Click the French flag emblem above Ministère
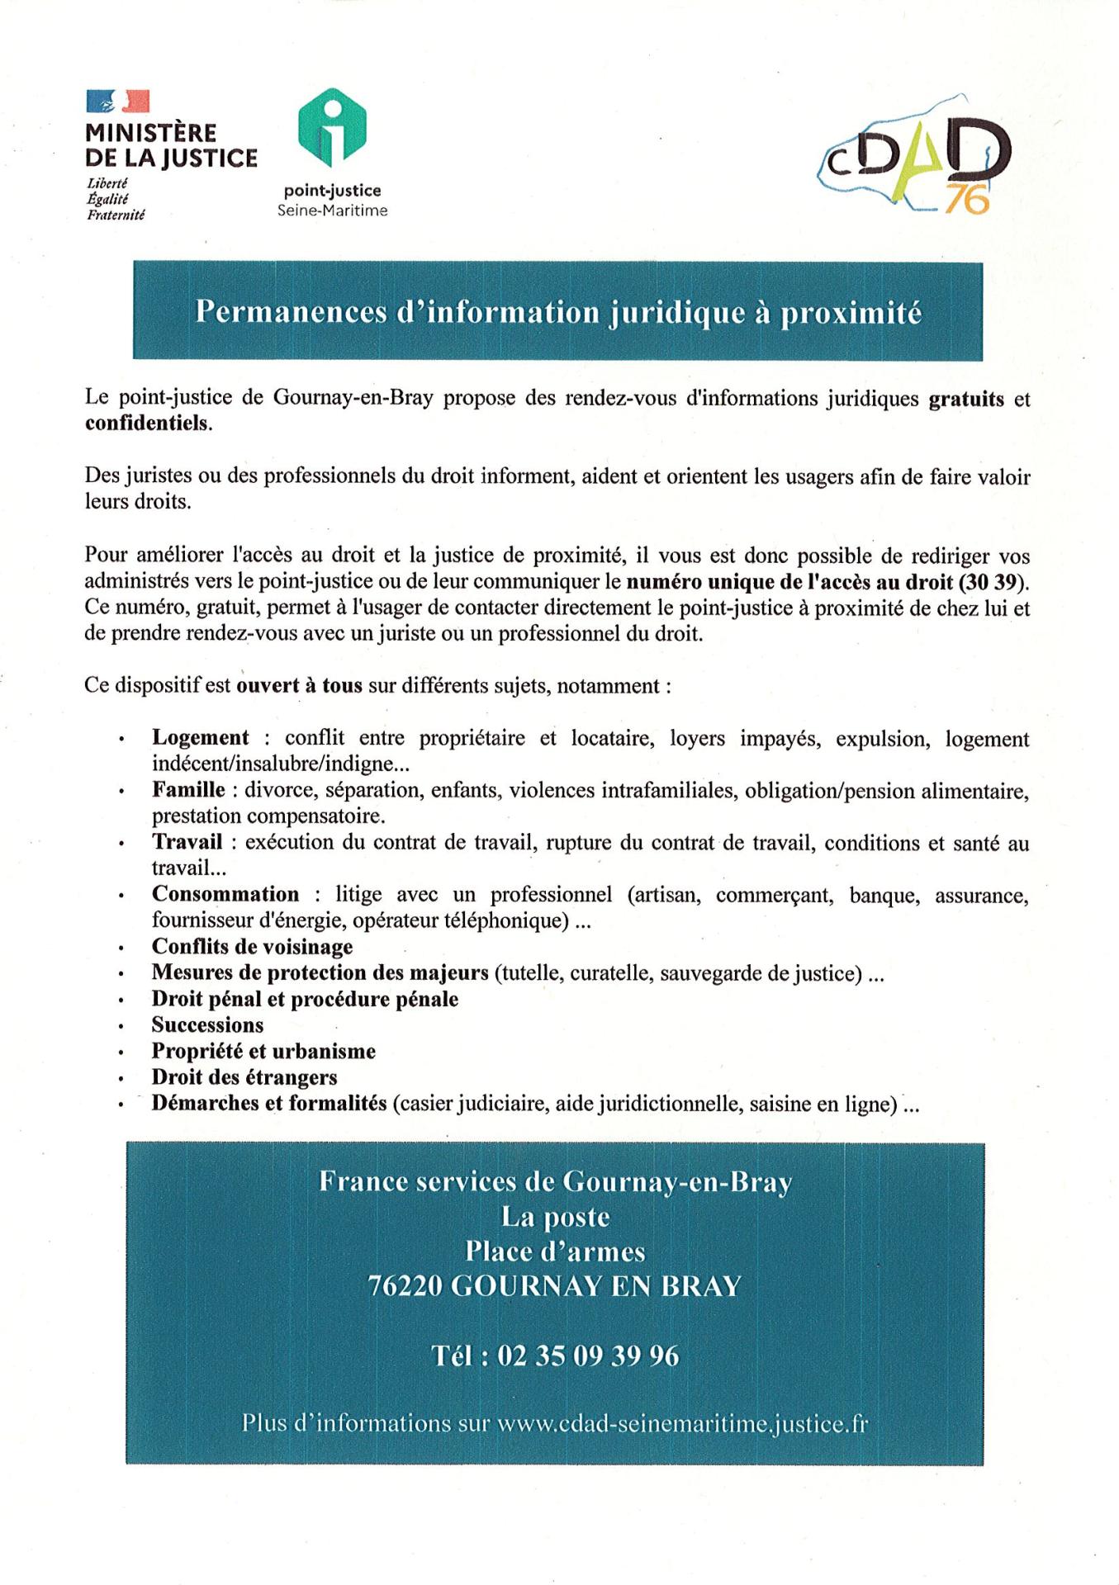coord(117,102)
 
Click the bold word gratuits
coord(966,399)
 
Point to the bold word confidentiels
coord(148,423)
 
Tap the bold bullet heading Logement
coord(200,737)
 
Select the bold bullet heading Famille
coord(188,789)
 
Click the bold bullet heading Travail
coord(187,841)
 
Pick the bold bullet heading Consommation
coord(225,894)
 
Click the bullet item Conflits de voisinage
coord(252,946)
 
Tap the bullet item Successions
coord(207,1024)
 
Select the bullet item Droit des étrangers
coord(244,1076)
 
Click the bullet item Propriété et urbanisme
coord(263,1051)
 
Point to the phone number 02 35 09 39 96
coord(588,1356)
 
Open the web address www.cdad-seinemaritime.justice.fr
coord(682,1424)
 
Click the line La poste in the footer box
coord(555,1216)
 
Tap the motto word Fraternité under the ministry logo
coord(116,215)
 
